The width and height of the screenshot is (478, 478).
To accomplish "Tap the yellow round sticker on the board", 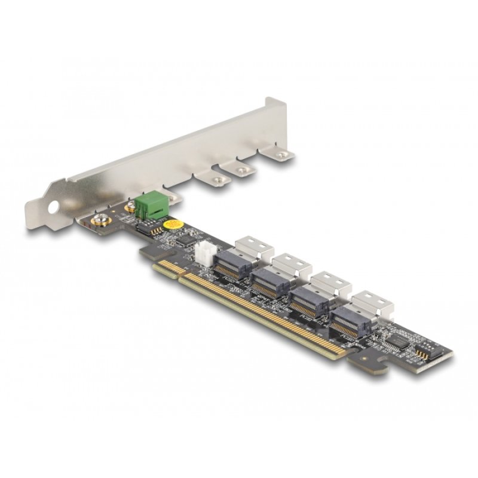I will pos(173,225).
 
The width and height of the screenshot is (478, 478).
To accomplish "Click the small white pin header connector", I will pos(201,256).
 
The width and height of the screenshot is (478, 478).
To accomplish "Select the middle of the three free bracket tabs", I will pos(241,170).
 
